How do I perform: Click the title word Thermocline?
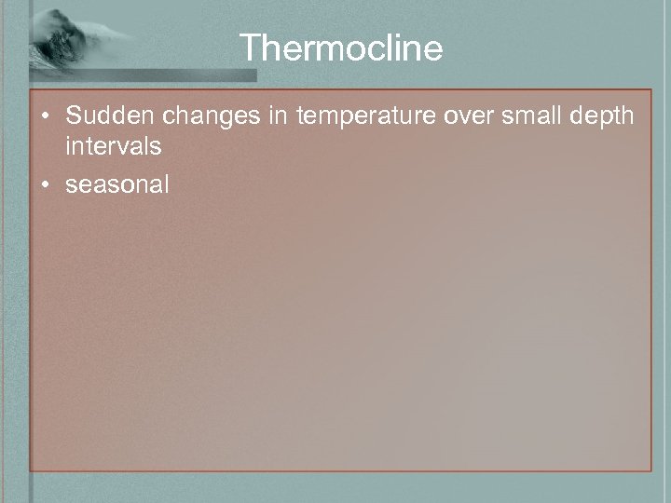pos(341,48)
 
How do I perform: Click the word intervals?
pos(113,146)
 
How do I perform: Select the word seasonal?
pos(117,184)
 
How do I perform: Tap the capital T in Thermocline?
pos(249,48)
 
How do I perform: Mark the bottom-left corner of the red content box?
pos(30,470)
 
